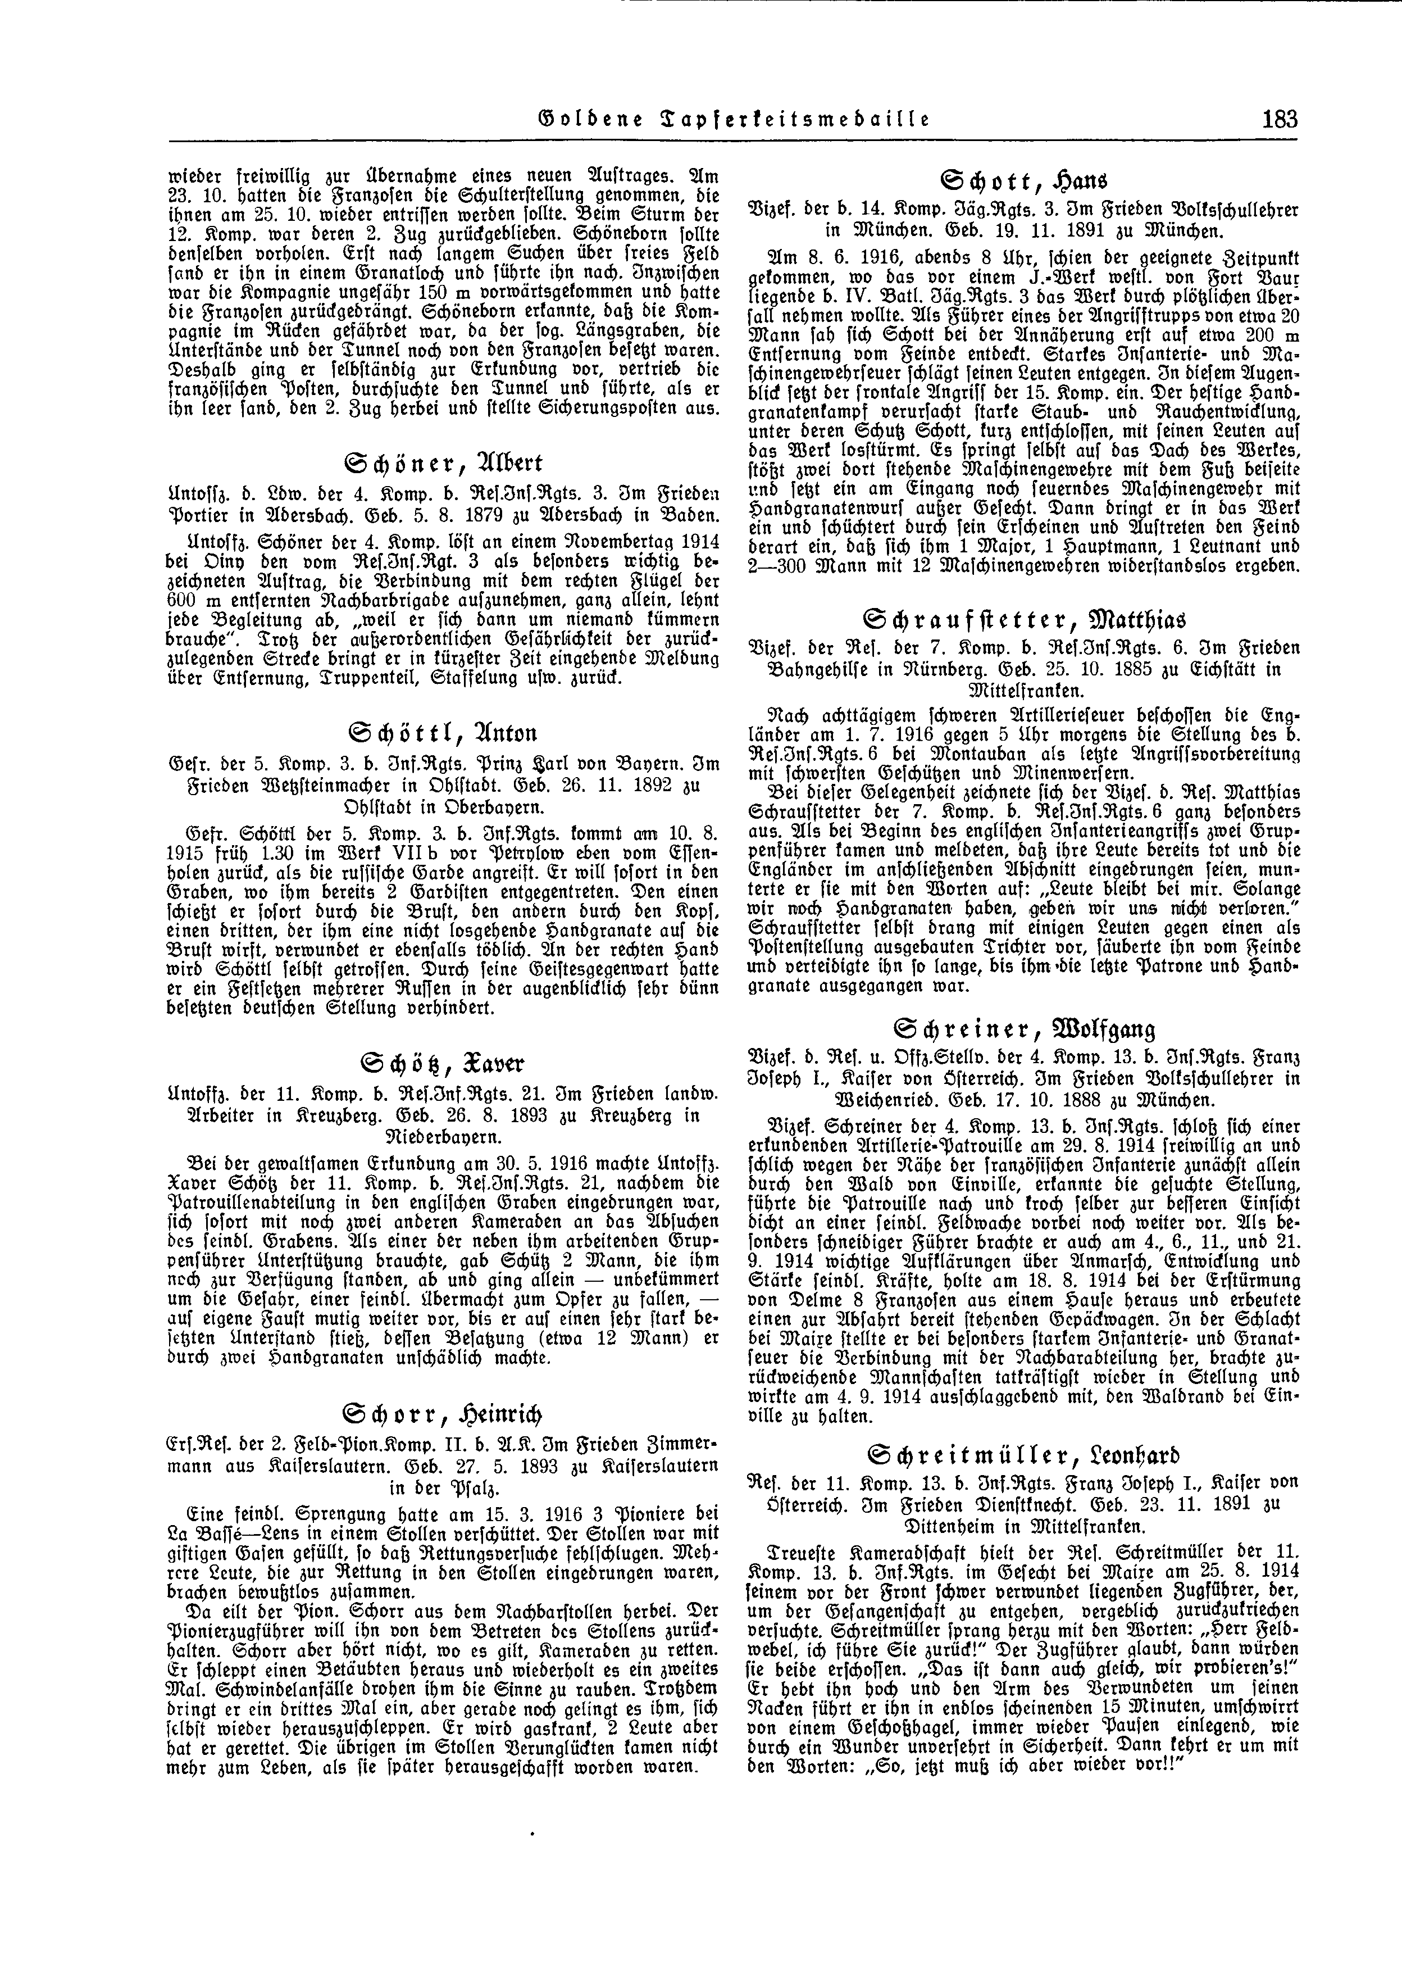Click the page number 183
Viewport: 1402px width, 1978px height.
(x=1278, y=119)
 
